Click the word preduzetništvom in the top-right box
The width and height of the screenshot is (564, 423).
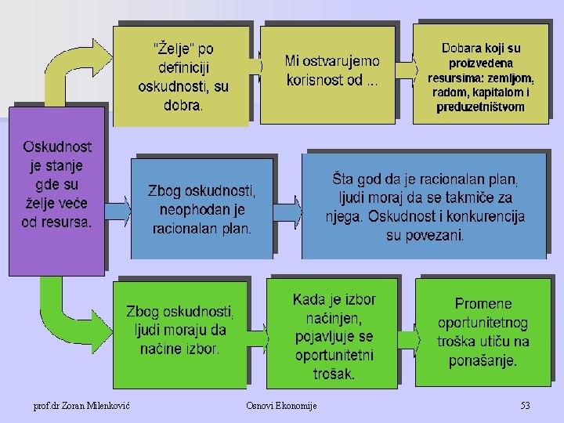pyautogui.click(x=481, y=107)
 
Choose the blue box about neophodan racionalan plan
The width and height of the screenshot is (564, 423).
pyautogui.click(x=202, y=210)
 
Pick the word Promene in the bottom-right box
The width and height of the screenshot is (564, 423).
pyautogui.click(x=483, y=304)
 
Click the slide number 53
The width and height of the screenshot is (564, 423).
pyautogui.click(x=525, y=406)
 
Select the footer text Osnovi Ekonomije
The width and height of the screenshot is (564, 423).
pyautogui.click(x=281, y=406)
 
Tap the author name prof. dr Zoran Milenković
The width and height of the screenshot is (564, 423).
pyautogui.click(x=81, y=406)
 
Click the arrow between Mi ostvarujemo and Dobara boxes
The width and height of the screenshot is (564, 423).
pyautogui.click(x=404, y=71)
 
